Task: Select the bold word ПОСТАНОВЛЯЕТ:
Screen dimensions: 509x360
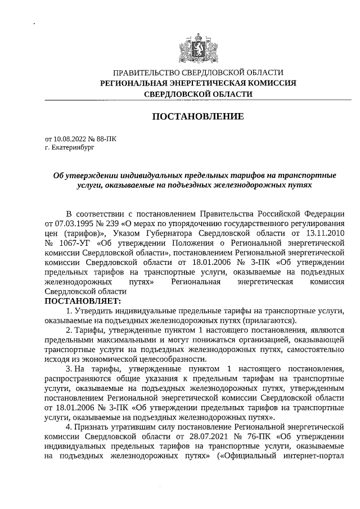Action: tap(78, 301)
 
